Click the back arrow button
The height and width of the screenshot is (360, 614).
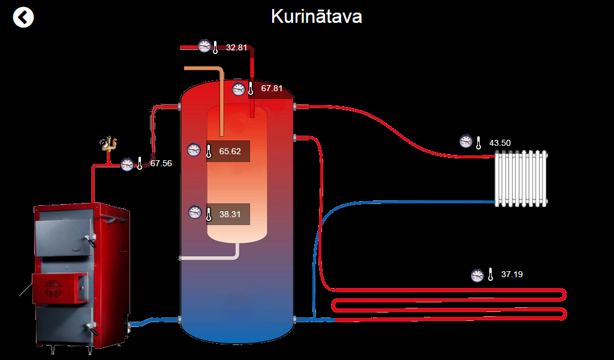(23, 17)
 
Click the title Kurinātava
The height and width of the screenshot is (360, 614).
(316, 16)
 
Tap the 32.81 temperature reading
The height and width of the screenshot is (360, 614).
(236, 47)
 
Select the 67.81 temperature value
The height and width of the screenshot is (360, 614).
(272, 89)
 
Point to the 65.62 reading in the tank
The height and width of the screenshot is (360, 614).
(230, 151)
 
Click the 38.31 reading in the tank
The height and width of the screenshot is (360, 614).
(230, 214)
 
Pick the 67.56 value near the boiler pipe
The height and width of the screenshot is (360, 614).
(161, 163)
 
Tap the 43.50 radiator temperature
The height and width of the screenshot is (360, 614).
(500, 143)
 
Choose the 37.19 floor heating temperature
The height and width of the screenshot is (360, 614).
(511, 275)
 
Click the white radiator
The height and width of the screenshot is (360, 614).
(521, 179)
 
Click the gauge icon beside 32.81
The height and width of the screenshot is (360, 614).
(204, 46)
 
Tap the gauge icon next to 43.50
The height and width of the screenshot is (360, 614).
(466, 142)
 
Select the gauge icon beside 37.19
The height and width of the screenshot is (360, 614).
(477, 275)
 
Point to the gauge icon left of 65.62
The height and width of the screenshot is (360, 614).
(194, 150)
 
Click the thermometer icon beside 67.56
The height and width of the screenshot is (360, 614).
(140, 163)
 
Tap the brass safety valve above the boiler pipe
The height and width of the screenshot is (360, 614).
(109, 145)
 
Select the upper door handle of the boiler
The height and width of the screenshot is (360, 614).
(90, 241)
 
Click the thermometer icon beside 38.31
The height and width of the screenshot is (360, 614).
(209, 214)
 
